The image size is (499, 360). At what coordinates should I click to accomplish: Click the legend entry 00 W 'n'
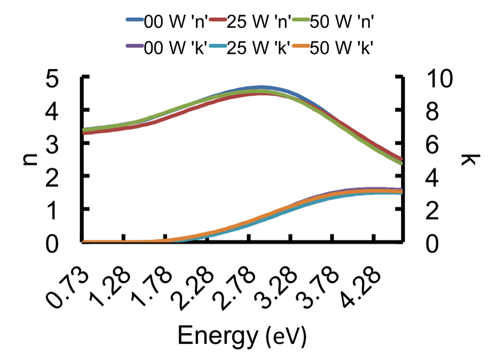pos(167,21)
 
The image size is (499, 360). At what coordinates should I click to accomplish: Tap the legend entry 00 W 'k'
pos(167,47)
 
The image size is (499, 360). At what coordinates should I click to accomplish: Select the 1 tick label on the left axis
pos(52,210)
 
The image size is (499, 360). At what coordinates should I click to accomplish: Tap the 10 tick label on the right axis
pos(439,78)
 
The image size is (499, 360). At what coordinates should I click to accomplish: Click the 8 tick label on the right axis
pos(432,112)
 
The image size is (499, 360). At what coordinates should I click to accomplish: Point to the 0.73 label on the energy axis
pos(67,289)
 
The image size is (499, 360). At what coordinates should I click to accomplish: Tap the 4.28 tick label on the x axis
pos(360,289)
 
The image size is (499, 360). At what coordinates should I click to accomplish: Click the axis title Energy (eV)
pos(242,336)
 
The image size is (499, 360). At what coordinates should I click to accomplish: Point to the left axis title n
pos(31,159)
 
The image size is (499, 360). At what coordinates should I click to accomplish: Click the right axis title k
pos(470,159)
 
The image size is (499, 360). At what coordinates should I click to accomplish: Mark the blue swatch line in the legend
pos(135,19)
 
